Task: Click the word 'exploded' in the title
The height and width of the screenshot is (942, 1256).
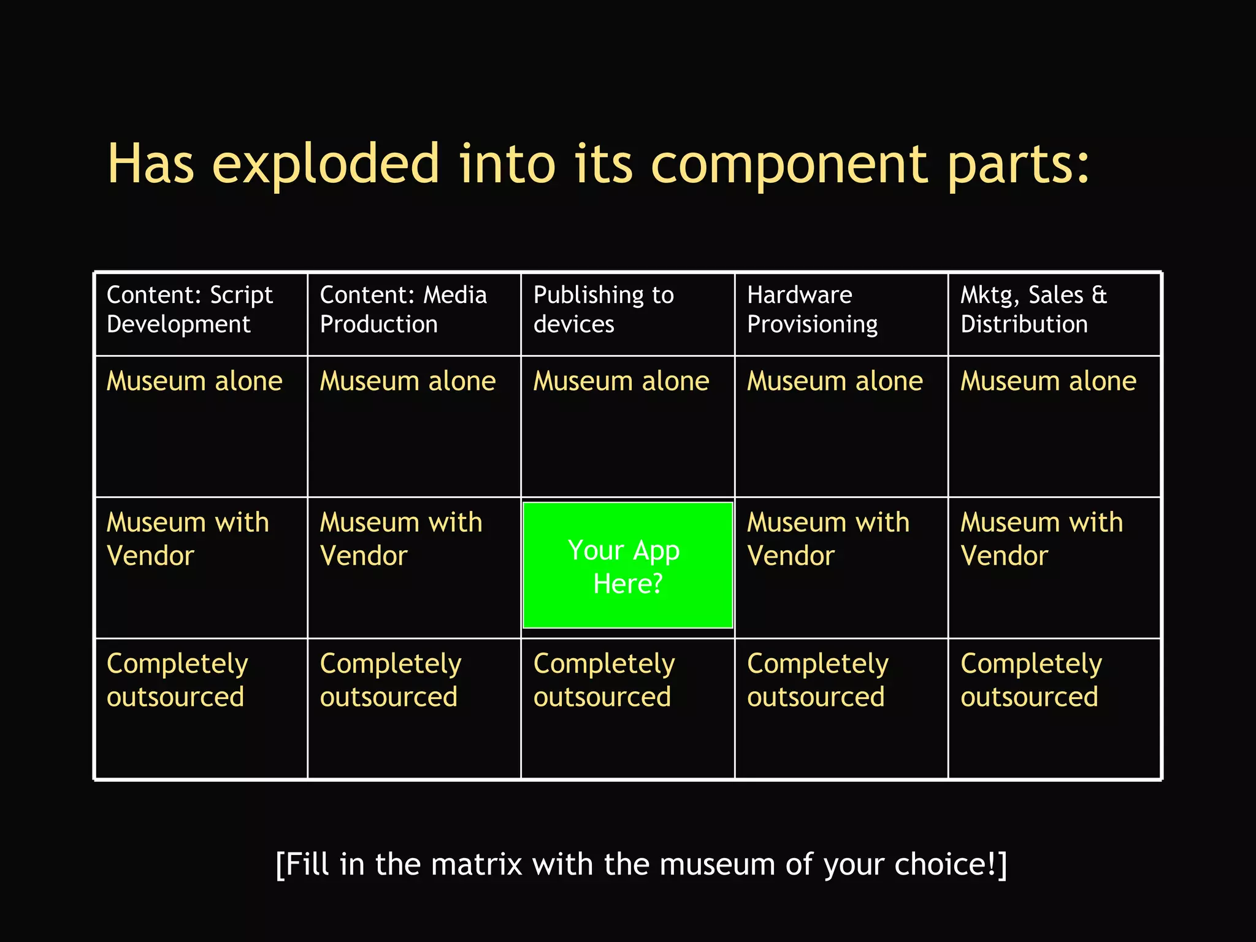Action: coord(326,164)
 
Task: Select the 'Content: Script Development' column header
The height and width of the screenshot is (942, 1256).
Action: coord(190,310)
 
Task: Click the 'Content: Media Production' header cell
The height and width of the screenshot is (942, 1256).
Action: coord(403,310)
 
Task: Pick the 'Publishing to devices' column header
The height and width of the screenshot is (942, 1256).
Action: coord(603,310)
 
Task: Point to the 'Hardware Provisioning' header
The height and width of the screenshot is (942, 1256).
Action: coord(812,310)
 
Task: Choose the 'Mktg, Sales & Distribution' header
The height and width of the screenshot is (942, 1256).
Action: coord(1034,310)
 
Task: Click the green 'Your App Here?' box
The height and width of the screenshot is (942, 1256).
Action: coord(627,565)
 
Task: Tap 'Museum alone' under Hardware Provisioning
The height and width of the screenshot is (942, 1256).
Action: coord(835,381)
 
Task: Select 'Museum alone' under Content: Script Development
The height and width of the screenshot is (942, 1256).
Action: coord(194,381)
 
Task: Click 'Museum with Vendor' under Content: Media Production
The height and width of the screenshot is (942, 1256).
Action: coord(401,539)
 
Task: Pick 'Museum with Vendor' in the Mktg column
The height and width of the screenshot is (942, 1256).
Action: coord(1041,539)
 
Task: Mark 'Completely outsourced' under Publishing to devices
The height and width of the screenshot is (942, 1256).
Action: coord(604,680)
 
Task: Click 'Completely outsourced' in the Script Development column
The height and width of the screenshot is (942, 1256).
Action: coord(177,680)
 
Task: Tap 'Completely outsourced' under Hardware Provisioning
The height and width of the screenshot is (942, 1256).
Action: coord(818,680)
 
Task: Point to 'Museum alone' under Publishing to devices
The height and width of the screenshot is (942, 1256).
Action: coord(621,381)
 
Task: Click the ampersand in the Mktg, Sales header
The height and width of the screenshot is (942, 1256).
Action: coord(1100,296)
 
